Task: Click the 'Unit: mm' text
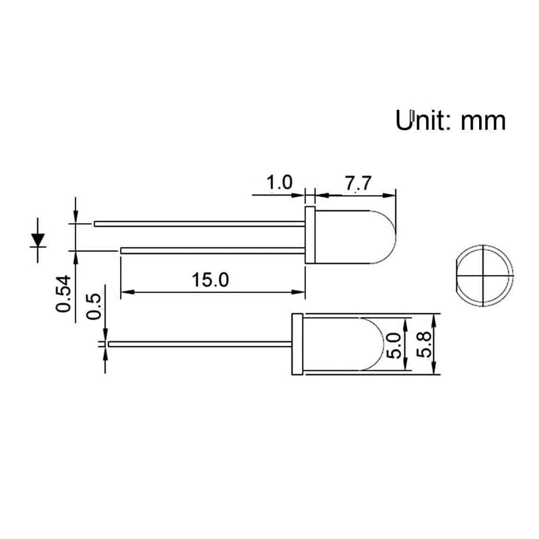[451, 121]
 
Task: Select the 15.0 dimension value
[211, 280]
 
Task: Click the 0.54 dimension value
[64, 294]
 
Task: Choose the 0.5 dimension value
[94, 307]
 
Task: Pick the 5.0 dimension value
[394, 345]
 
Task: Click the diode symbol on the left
[38, 239]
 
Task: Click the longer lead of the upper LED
[199, 223]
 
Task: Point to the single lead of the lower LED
[199, 343]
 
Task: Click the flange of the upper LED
[309, 234]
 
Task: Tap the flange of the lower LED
[296, 344]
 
